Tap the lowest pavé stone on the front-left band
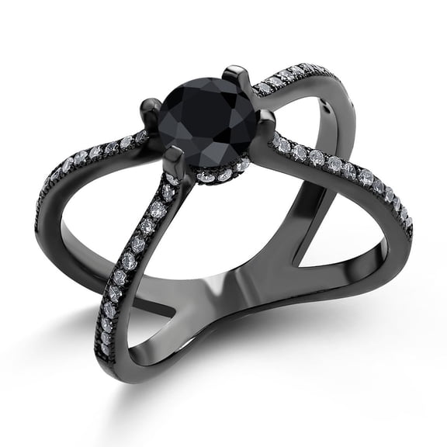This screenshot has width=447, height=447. (x=106, y=350)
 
